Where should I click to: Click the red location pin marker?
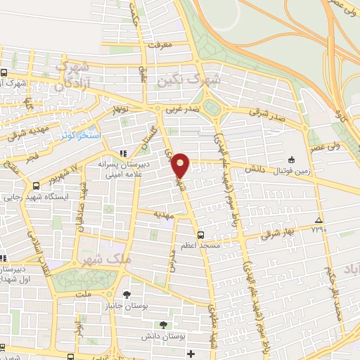181,165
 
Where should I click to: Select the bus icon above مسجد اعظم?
201,235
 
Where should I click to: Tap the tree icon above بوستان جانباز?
127,294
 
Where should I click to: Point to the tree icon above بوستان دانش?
163,325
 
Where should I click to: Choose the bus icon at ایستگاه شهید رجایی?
36,186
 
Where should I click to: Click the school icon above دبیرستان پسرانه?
124,153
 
